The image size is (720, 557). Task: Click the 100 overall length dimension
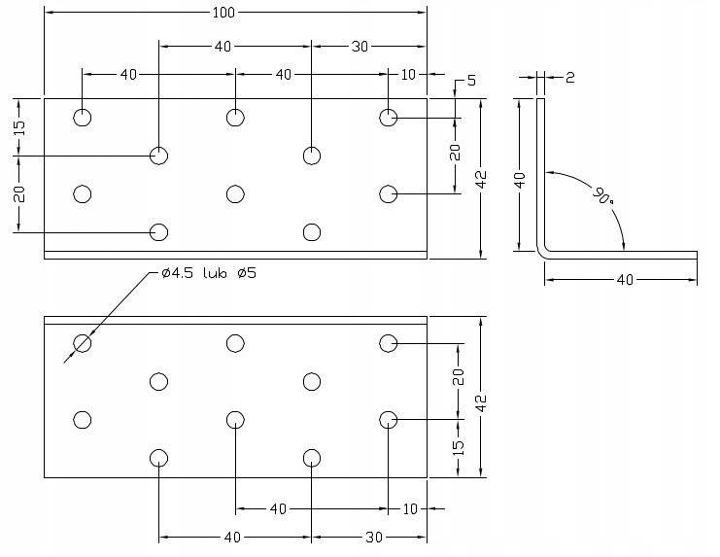click(235, 12)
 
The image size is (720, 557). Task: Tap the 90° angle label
click(602, 195)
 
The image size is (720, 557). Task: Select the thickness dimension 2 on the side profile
click(569, 77)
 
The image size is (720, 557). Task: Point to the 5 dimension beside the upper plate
click(471, 82)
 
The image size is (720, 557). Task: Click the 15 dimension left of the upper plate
click(18, 126)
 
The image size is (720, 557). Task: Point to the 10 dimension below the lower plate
click(408, 508)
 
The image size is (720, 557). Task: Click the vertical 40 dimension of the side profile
click(519, 179)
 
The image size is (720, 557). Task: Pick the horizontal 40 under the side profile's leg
click(624, 280)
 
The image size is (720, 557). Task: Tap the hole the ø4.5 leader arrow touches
click(83, 342)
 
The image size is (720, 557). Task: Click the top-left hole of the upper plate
click(83, 118)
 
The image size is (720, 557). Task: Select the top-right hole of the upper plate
click(389, 118)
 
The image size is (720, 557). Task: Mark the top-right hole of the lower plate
click(389, 342)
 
